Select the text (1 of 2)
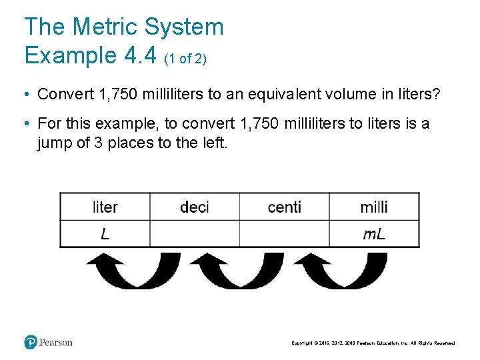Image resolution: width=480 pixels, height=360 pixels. (x=185, y=59)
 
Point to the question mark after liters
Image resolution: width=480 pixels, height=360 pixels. (x=437, y=94)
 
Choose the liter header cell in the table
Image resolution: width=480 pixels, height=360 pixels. (x=105, y=207)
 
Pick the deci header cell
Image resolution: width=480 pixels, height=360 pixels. (x=194, y=207)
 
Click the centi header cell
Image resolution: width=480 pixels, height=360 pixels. (x=284, y=207)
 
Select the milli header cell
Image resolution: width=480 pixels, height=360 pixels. (x=374, y=207)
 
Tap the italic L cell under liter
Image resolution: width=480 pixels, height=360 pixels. (x=105, y=233)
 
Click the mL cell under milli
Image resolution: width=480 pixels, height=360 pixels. (x=374, y=233)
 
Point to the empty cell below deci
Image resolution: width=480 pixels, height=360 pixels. (x=194, y=233)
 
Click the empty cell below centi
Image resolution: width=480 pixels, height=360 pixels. (x=284, y=233)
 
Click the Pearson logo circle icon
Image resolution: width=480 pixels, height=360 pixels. (x=31, y=342)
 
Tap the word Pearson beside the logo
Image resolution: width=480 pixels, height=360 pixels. (x=55, y=343)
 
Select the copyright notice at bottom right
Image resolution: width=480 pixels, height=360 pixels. (x=373, y=343)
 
